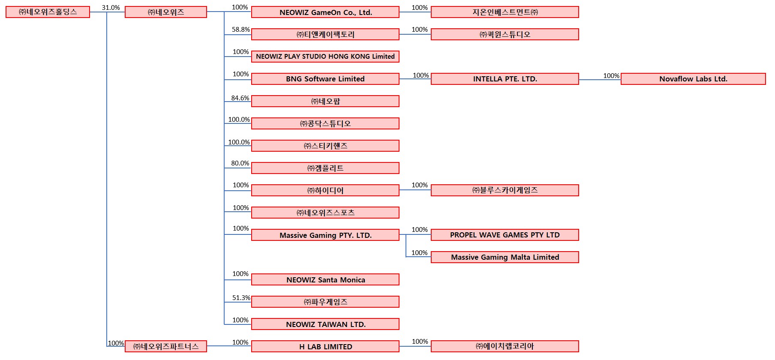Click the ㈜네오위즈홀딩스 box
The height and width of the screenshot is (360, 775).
point(48,12)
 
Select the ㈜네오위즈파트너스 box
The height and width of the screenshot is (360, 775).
point(166,346)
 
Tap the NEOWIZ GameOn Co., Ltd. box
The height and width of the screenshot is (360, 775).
point(325,12)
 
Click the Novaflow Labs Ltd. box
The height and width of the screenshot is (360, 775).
point(693,79)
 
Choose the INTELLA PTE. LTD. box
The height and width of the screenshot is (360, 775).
point(505,79)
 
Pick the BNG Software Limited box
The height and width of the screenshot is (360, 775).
point(325,79)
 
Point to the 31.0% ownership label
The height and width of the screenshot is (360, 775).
point(111,8)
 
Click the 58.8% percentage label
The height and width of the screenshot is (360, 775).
point(241,30)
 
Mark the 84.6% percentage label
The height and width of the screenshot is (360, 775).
point(240,98)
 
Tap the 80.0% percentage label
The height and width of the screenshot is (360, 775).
point(240,163)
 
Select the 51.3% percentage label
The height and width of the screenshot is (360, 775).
point(241,298)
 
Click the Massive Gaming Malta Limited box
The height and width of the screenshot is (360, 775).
point(505,257)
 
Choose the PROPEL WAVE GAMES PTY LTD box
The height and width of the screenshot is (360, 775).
point(505,235)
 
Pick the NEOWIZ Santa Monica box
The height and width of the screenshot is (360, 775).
point(325,279)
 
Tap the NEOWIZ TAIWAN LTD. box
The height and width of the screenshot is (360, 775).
point(325,324)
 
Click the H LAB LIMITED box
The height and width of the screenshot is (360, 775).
point(325,346)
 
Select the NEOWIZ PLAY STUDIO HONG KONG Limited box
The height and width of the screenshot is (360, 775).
point(325,57)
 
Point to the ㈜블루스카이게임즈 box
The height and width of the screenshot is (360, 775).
point(505,190)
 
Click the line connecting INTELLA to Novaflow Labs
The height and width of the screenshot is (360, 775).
point(600,79)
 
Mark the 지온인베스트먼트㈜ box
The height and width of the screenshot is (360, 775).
point(505,12)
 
